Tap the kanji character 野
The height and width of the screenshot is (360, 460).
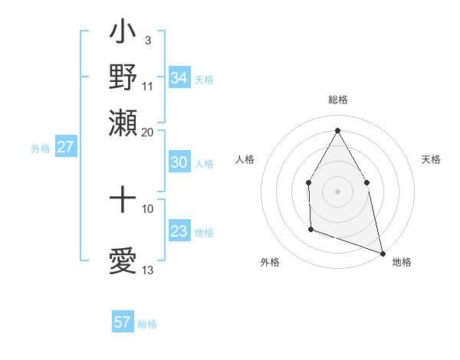coord(123,77)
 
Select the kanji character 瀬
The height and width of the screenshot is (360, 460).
coord(123,121)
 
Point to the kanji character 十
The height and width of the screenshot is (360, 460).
coord(123,201)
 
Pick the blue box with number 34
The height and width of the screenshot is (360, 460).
coord(179,77)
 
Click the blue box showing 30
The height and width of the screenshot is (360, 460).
coord(179,162)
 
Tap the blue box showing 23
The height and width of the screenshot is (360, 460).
coord(179,231)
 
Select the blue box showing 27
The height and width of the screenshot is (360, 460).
coord(65,147)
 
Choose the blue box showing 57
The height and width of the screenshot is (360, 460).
coord(123,322)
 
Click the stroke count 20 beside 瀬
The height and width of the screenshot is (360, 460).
coord(148,132)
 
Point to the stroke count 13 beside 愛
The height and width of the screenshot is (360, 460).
coord(148,270)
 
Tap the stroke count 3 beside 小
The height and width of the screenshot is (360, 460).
coord(147,40)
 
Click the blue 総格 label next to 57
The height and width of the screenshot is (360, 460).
coord(147,324)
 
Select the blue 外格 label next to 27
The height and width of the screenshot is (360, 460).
coord(41,149)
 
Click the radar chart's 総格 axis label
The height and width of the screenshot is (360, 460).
coord(337,100)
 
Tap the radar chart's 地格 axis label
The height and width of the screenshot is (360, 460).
coord(402,262)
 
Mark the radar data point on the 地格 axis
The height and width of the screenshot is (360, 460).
coord(383,253)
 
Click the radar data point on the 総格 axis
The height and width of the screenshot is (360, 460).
coord(337,130)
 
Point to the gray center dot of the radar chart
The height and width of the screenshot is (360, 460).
coord(337,191)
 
